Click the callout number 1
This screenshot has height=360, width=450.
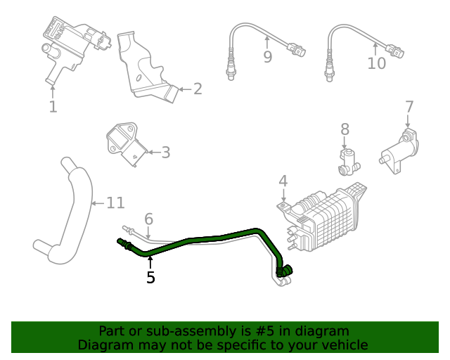point(53,106)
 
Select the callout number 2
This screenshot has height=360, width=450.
point(198,89)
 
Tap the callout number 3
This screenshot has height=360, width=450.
point(166,152)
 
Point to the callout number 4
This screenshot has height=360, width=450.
point(283,181)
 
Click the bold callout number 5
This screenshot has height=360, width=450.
point(150,278)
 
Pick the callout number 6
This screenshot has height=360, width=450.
point(148,219)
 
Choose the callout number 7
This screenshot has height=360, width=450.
point(409,107)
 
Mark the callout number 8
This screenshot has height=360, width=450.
point(345,129)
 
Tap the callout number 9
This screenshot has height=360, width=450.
point(267,57)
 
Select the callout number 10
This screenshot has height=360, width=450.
point(377,63)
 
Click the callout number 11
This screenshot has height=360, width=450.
point(115,203)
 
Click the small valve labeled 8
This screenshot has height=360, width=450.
point(347,161)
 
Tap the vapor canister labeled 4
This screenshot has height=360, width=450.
point(327,215)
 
